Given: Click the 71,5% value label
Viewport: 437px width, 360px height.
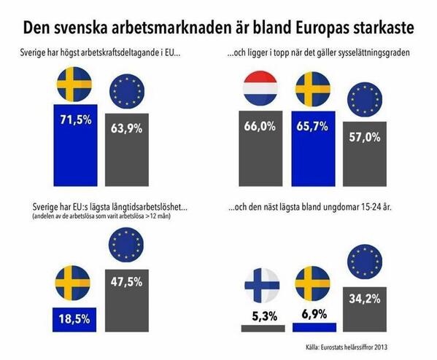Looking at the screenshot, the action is click(x=76, y=120).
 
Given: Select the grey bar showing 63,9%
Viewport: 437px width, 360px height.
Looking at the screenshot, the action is click(x=127, y=150).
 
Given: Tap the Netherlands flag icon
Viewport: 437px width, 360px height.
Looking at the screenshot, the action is click(x=260, y=88).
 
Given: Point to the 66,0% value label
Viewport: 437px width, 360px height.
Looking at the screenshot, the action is click(x=260, y=126).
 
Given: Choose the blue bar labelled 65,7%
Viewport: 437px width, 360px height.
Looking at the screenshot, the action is click(x=313, y=149).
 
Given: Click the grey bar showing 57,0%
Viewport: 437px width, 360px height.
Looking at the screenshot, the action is click(x=365, y=154).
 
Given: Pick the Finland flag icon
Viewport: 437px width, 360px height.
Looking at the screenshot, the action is click(x=262, y=286).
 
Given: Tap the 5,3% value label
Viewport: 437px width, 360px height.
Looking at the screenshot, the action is click(x=265, y=316).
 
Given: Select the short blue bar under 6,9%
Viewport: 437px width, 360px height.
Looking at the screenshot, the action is click(x=314, y=327).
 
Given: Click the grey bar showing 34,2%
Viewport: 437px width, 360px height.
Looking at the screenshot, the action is click(x=365, y=309).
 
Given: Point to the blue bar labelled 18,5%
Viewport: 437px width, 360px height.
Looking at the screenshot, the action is click(x=74, y=320).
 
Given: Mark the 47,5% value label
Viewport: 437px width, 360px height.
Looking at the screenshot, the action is click(x=126, y=282).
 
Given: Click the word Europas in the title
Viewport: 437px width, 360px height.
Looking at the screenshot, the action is click(x=322, y=28).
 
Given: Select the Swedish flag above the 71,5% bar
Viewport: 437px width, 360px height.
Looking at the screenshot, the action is click(x=74, y=84).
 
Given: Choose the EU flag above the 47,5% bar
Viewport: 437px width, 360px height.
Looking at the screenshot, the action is click(x=126, y=245).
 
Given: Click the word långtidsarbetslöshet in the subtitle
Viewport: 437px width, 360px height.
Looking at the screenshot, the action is click(x=149, y=208).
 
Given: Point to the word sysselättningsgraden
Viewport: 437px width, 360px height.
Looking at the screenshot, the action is click(x=374, y=52).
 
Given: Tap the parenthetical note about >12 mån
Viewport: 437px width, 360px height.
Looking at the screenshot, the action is click(x=101, y=216).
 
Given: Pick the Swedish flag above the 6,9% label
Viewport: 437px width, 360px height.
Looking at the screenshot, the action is click(x=313, y=283).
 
